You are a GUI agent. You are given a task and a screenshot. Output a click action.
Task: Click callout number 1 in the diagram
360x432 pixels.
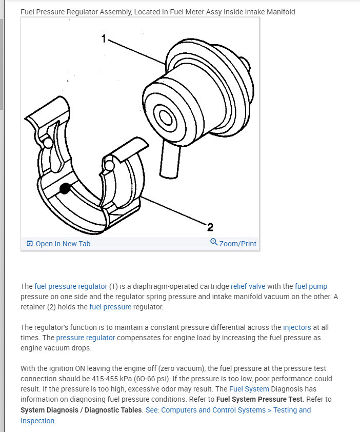[x=104, y=38]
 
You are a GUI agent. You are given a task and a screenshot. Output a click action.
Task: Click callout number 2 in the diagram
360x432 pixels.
[x=210, y=227]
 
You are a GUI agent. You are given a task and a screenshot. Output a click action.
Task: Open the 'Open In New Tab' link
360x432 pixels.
[x=63, y=244]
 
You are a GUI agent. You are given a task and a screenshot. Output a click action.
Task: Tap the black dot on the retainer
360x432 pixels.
[x=65, y=189]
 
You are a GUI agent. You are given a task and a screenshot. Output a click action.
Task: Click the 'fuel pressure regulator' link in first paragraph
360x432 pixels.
[x=71, y=286]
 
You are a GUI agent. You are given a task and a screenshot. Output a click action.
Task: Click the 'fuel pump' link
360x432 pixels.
[x=311, y=286]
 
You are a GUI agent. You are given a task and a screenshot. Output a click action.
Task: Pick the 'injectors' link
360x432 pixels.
[x=297, y=327]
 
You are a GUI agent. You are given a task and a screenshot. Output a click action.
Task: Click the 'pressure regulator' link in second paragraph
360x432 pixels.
[x=86, y=338]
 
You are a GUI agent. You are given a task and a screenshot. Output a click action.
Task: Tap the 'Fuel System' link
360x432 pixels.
[x=249, y=389]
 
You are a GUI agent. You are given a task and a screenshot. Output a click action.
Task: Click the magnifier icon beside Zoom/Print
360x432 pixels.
[x=214, y=242]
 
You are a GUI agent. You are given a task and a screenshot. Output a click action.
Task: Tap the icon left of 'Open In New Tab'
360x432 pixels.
[x=29, y=244]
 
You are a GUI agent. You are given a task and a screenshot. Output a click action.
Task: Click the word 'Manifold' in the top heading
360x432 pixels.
[x=279, y=11]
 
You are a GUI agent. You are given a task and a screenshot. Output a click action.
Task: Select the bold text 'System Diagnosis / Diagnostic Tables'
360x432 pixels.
[x=82, y=410]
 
